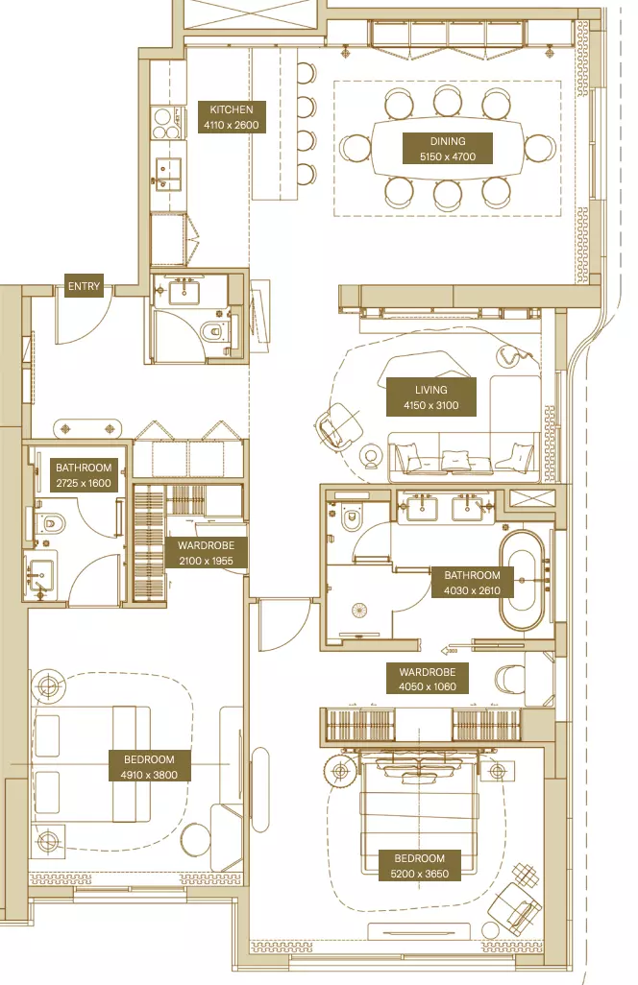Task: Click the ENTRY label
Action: tap(84, 286)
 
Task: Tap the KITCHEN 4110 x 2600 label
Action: tap(232, 117)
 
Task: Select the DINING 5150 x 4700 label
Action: tap(448, 149)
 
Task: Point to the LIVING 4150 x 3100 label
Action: tap(431, 397)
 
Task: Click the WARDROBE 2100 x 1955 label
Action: tap(207, 553)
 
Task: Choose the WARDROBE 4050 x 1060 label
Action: tap(428, 679)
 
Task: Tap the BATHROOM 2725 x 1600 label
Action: tap(84, 475)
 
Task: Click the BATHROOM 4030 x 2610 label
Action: tap(472, 583)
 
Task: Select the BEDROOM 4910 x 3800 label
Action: tap(149, 767)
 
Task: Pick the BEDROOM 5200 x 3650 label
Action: tap(419, 866)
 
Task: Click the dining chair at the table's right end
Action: tap(541, 148)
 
